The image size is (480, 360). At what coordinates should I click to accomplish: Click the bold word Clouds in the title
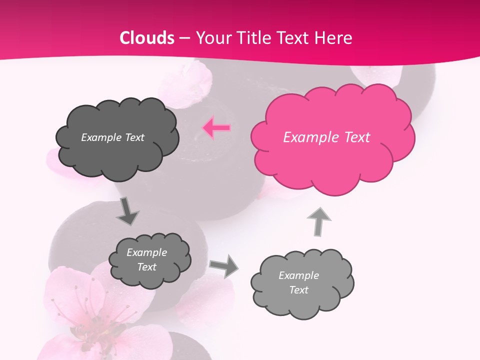147,38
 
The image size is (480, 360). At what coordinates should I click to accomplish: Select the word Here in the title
333,38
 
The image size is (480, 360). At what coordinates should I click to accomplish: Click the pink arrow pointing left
216,128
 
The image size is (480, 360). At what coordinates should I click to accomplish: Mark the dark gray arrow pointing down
127,211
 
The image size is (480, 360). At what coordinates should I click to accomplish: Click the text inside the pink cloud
326,137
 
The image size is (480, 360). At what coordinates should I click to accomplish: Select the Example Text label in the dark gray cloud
112,137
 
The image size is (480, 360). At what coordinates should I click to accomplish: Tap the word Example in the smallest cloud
146,252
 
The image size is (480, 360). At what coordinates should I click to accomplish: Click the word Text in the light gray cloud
299,290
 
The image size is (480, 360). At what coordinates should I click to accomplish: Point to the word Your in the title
212,38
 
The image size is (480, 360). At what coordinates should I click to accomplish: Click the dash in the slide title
184,38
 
